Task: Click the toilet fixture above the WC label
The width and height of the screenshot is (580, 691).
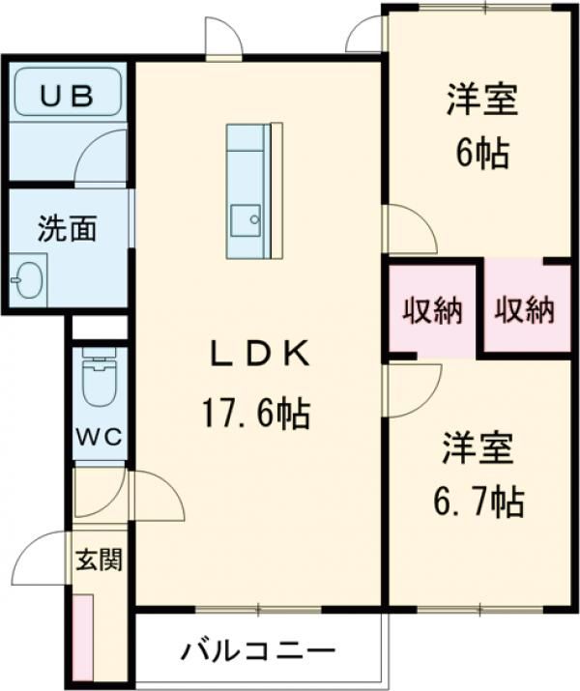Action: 98,379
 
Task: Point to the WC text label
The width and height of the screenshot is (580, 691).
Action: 100,436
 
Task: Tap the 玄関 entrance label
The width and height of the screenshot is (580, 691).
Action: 100,560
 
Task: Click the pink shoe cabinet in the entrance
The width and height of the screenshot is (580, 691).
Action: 83,639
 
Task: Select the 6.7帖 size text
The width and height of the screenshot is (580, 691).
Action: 478,501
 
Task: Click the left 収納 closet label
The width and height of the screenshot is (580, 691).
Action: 433,310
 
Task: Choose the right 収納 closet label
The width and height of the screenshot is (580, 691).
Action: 526,310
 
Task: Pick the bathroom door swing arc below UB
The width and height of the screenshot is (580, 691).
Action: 102,158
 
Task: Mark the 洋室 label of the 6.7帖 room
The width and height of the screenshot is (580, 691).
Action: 478,450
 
